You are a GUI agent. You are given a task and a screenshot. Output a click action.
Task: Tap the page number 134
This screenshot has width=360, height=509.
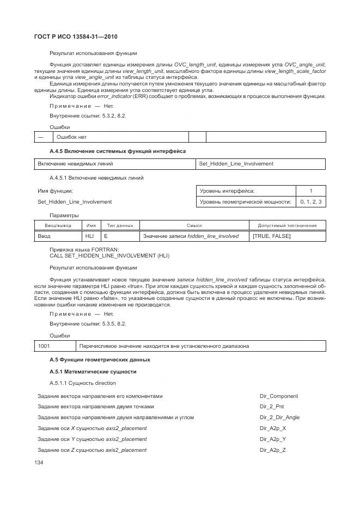click(39, 462)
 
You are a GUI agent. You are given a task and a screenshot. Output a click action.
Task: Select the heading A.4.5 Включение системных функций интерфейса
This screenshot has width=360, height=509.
click(118, 150)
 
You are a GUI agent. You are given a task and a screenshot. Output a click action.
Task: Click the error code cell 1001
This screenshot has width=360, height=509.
click(44, 346)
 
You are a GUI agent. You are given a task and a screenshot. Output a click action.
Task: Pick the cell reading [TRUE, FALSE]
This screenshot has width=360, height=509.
click(272, 236)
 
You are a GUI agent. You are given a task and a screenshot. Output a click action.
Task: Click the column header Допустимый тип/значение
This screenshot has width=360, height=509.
click(287, 225)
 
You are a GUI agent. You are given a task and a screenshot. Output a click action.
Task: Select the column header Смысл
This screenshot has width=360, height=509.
click(194, 225)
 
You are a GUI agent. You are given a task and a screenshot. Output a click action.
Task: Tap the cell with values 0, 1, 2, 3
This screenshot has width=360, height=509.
click(310, 202)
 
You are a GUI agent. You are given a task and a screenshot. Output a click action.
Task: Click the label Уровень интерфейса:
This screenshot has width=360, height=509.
click(227, 191)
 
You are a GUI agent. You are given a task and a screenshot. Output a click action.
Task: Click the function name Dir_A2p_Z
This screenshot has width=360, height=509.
click(273, 450)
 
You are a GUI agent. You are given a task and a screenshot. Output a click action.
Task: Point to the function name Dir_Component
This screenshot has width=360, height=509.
click(279, 396)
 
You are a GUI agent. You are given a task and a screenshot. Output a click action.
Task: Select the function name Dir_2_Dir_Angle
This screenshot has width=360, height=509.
click(280, 418)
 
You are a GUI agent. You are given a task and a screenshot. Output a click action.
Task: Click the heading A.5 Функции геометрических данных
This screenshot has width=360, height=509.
click(100, 360)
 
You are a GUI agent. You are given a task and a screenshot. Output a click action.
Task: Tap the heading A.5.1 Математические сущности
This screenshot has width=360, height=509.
click(93, 372)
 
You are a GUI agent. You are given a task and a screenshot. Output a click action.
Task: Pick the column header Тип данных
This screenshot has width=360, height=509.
click(120, 225)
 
